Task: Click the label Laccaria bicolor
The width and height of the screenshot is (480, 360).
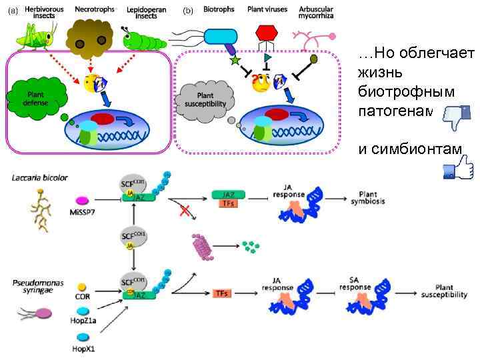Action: tap(40, 178)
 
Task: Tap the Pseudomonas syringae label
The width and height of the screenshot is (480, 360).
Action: tap(39, 287)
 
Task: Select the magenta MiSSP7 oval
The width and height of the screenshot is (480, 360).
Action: tap(83, 199)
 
